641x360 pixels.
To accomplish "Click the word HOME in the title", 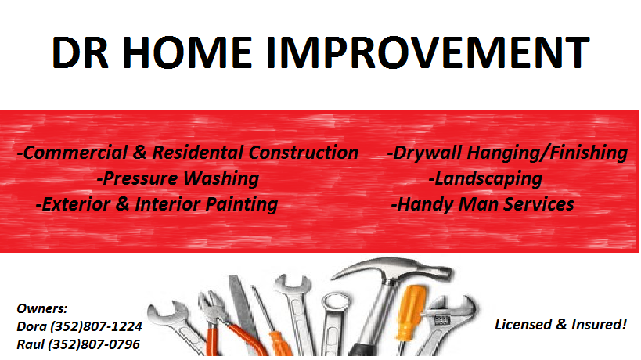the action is tap(186, 52).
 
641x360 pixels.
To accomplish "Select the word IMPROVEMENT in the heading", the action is tap(427, 52).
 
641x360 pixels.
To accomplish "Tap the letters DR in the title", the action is tap(80, 52).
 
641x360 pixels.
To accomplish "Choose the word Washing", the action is tap(221, 178).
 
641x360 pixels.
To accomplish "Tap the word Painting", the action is tap(242, 205).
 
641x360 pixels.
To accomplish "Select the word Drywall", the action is tap(424, 153).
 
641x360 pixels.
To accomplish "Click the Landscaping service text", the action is tap(486, 178).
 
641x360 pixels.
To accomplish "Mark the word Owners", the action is tap(42, 308).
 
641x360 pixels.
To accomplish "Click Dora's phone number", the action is tap(96, 326).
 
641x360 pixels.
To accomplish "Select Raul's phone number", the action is tap(94, 344).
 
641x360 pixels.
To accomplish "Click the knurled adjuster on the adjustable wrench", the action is tap(441, 319).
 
